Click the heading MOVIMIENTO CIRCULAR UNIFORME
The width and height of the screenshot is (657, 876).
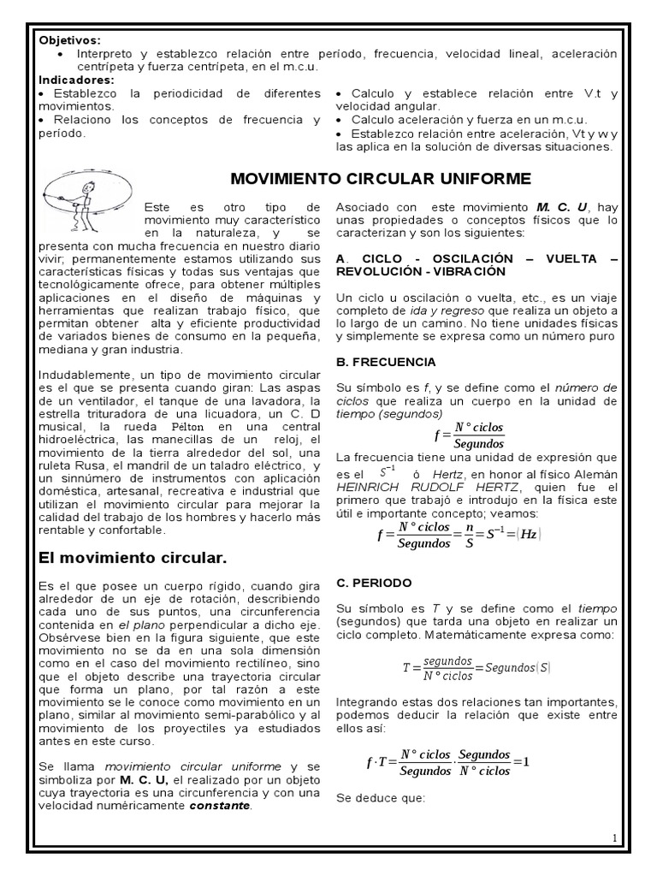point(382,178)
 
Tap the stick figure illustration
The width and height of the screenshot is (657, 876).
point(86,195)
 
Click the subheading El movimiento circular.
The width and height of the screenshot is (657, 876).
point(133,559)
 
